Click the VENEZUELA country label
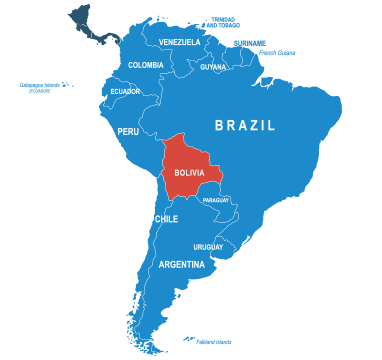click(x=179, y=42)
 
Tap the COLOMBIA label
click(x=146, y=65)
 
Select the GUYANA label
click(x=213, y=67)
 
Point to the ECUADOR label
click(x=125, y=91)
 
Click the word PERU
click(x=128, y=131)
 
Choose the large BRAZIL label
click(x=246, y=125)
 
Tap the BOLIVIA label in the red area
click(x=189, y=172)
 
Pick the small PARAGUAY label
click(x=215, y=200)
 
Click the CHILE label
click(x=166, y=218)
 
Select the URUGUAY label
click(x=208, y=247)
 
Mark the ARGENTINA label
click(x=182, y=265)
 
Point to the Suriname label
click(x=249, y=42)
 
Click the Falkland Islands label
click(x=216, y=341)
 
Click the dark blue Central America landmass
click(x=95, y=25)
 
